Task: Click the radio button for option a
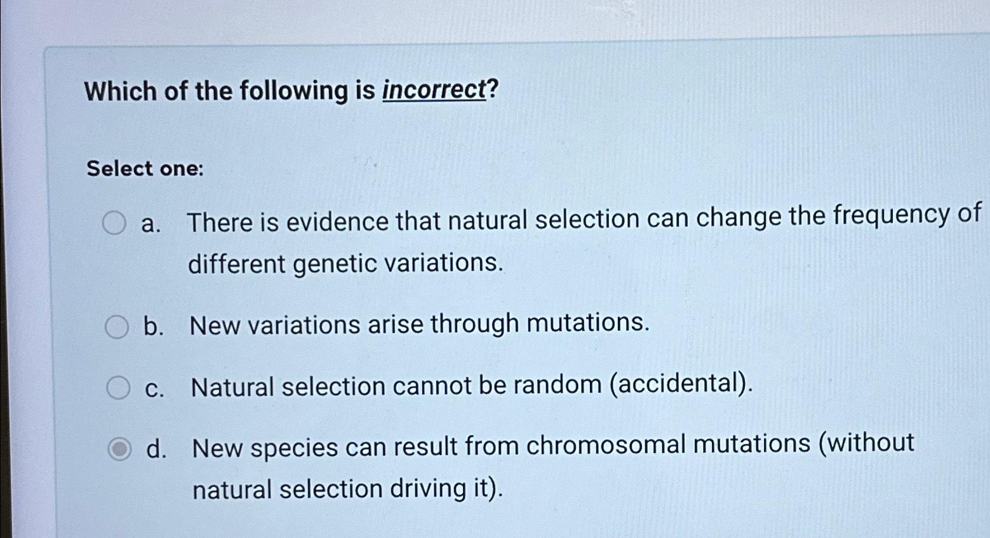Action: (x=114, y=222)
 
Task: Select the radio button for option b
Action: (x=117, y=326)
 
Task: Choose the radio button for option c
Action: (x=118, y=387)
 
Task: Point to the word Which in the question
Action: (x=121, y=91)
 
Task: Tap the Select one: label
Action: (x=145, y=168)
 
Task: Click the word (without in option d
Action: (x=866, y=443)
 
